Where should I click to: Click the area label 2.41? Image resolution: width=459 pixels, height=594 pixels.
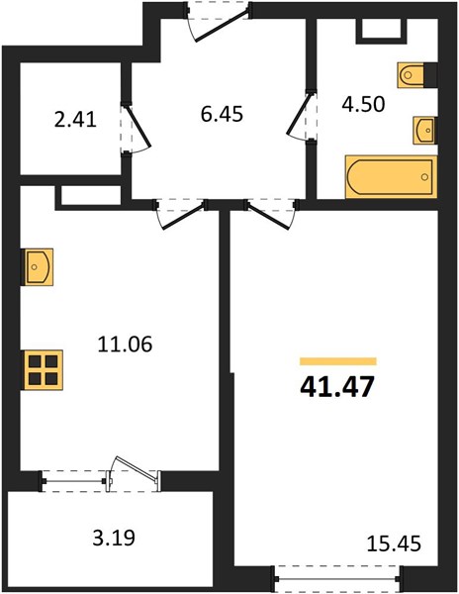76,120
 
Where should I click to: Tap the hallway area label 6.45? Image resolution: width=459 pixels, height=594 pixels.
222,114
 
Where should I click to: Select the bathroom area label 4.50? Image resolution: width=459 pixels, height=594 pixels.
363,104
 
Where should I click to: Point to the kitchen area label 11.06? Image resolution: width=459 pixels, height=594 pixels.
125,345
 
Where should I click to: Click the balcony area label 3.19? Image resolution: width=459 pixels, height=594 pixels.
114,538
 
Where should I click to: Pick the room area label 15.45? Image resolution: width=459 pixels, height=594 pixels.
394,543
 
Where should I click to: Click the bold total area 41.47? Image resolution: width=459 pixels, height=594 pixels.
337,387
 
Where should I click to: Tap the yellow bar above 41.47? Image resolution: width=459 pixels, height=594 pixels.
338,361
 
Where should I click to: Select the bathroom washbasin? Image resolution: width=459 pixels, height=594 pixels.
424,130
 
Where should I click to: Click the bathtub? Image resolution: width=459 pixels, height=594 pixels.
392,177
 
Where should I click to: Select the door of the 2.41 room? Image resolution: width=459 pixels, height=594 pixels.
136,128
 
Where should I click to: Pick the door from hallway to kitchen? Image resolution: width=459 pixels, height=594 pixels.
181,215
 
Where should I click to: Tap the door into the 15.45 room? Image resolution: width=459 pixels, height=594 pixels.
270,215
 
